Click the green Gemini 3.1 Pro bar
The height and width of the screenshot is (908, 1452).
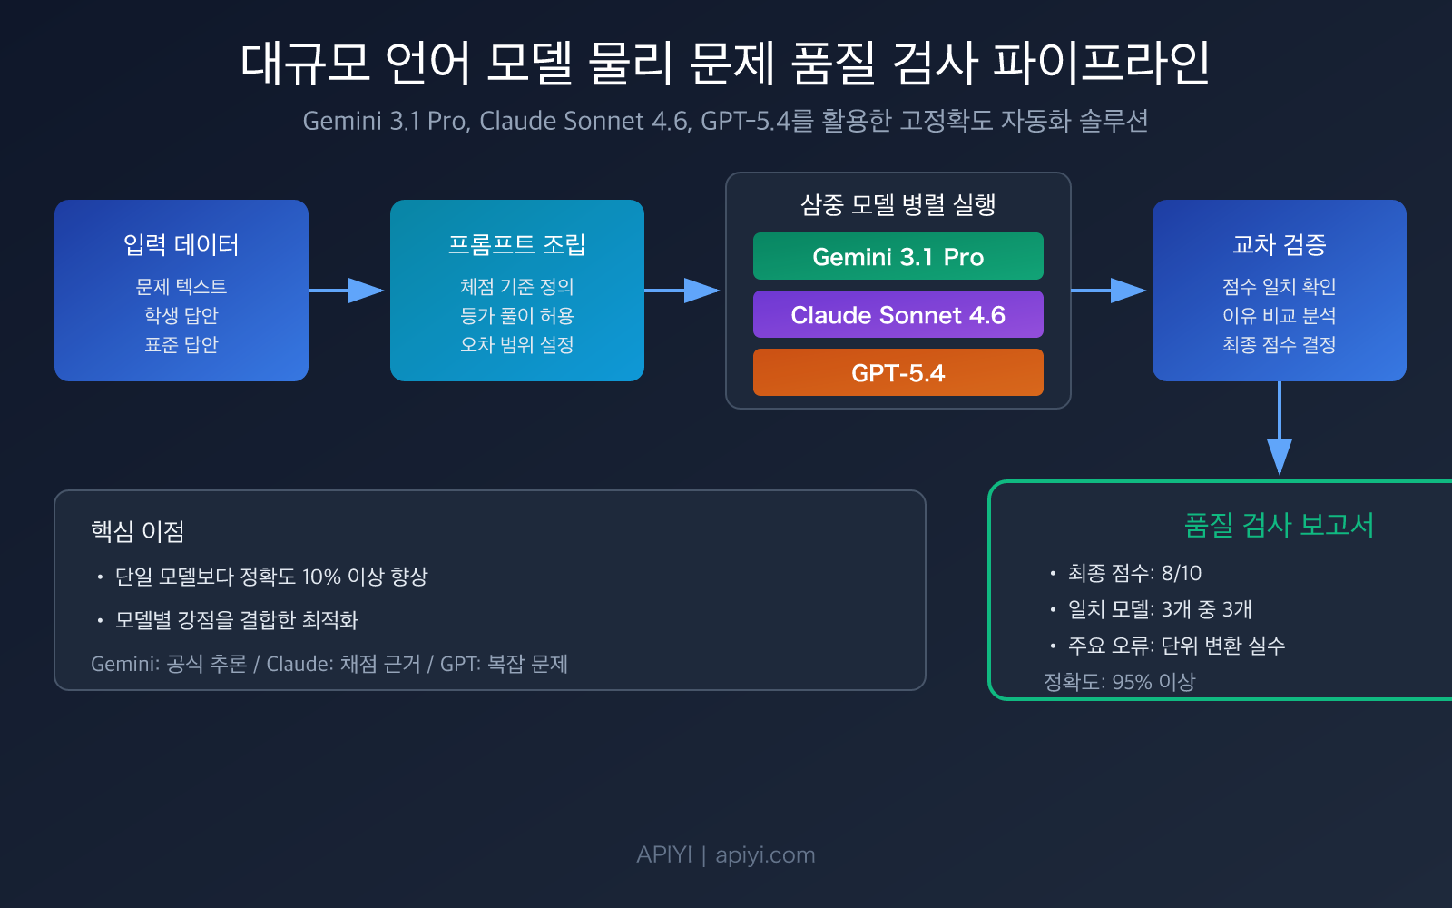tap(898, 257)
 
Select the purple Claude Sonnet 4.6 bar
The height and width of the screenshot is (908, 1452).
tap(898, 315)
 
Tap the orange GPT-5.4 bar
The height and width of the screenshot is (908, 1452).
tap(898, 373)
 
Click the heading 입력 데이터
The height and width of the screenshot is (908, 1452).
tap(181, 244)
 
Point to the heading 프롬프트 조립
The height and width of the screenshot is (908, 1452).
tap(517, 244)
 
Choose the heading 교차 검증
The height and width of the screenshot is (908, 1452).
tap(1279, 244)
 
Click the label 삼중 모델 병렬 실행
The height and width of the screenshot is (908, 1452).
tap(898, 204)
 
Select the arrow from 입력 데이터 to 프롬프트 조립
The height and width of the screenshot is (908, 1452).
tap(347, 291)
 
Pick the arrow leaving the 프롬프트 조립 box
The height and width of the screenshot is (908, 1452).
tap(682, 291)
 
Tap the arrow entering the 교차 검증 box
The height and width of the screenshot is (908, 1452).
tap(1109, 291)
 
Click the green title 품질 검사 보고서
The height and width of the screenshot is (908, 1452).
tap(1279, 525)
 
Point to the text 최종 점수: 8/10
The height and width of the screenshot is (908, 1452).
tap(1134, 573)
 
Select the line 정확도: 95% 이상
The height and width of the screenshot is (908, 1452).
tap(1119, 682)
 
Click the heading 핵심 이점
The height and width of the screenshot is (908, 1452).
tap(138, 531)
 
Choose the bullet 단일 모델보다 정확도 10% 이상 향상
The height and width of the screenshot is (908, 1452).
tap(271, 577)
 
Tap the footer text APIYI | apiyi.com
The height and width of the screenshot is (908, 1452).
tap(726, 854)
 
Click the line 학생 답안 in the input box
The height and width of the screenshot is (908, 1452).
tap(181, 315)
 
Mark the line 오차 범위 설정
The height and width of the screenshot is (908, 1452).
tap(517, 344)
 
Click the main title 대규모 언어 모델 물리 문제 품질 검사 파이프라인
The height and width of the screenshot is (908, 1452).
tap(726, 64)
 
